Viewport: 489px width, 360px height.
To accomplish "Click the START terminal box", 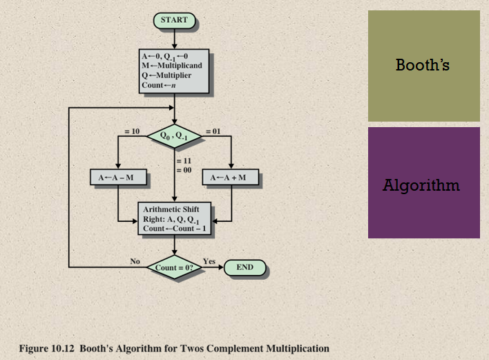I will (174, 21).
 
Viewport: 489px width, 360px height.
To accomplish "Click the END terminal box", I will (245, 267).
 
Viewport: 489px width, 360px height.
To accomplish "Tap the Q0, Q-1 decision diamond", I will (174, 135).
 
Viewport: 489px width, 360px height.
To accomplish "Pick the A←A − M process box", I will (118, 178).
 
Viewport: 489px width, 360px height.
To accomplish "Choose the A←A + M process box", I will (230, 178).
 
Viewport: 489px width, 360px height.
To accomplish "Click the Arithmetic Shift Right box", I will (174, 218).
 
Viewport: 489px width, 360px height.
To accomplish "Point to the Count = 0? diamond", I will (174, 267).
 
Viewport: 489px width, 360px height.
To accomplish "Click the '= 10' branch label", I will (132, 131).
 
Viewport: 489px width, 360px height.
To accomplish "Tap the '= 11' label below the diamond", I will (183, 161).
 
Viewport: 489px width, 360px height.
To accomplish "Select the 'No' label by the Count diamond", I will (135, 261).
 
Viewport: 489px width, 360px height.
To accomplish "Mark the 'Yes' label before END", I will (209, 261).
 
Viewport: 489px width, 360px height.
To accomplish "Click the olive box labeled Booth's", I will (423, 66).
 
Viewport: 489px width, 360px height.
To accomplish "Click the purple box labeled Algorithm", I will (423, 183).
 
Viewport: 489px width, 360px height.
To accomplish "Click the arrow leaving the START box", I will (174, 37).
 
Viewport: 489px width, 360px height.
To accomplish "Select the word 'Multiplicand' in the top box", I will (180, 65).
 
